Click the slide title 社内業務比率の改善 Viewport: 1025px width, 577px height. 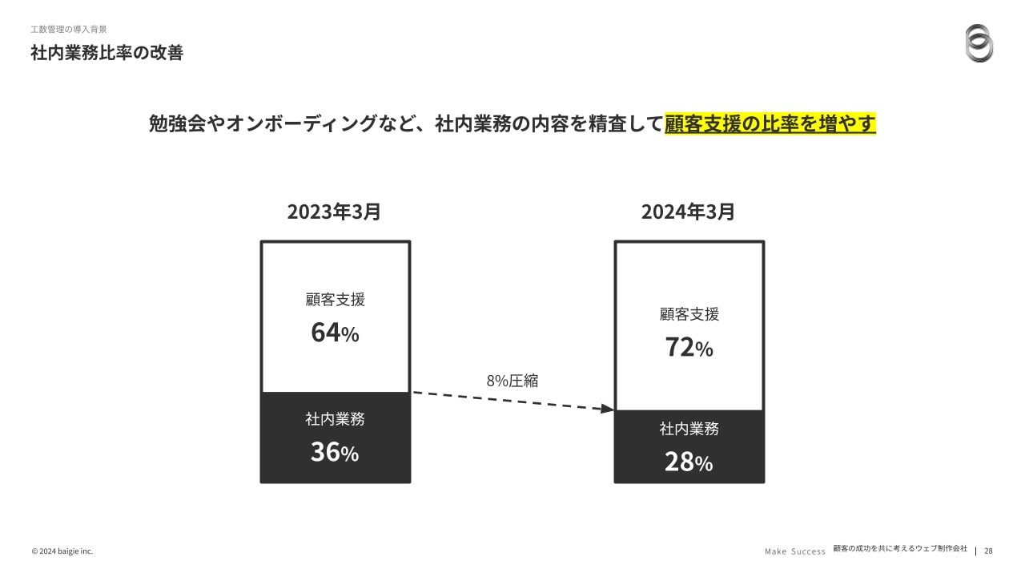tap(107, 54)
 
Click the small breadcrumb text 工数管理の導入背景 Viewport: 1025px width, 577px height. tap(69, 29)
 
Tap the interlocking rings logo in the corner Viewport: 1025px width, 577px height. tap(979, 42)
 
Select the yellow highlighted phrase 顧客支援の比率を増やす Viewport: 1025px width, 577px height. tap(770, 124)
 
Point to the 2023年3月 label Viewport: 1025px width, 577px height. tap(334, 212)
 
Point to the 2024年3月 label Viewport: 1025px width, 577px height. tap(688, 212)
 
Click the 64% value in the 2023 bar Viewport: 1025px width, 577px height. tap(335, 333)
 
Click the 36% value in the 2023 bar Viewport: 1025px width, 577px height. tap(335, 453)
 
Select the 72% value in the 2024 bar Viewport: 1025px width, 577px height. tap(689, 348)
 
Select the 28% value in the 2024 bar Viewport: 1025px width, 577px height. tap(689, 462)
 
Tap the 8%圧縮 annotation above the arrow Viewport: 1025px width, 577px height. tap(512, 381)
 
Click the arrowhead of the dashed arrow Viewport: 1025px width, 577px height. tap(608, 409)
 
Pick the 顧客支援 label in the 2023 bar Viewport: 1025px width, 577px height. tap(335, 300)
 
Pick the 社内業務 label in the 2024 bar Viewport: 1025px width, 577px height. tap(689, 429)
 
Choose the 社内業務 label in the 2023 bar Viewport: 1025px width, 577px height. tap(335, 419)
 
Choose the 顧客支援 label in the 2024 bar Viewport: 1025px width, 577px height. tap(689, 314)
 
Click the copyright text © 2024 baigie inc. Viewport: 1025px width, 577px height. tap(62, 551)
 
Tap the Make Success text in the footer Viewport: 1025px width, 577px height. tap(794, 551)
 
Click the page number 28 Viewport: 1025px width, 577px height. tap(988, 551)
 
